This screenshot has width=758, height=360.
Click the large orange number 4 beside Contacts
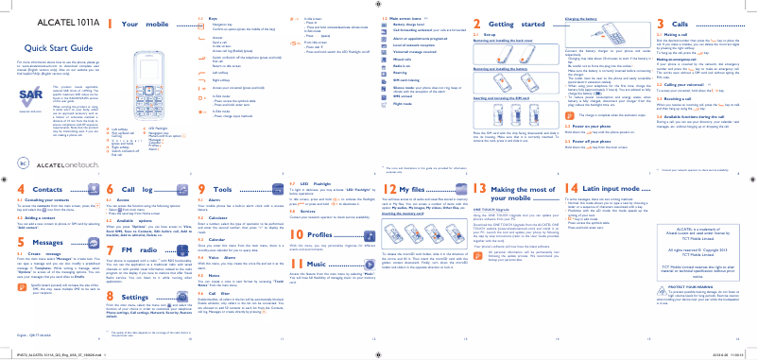tap(9, 189)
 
